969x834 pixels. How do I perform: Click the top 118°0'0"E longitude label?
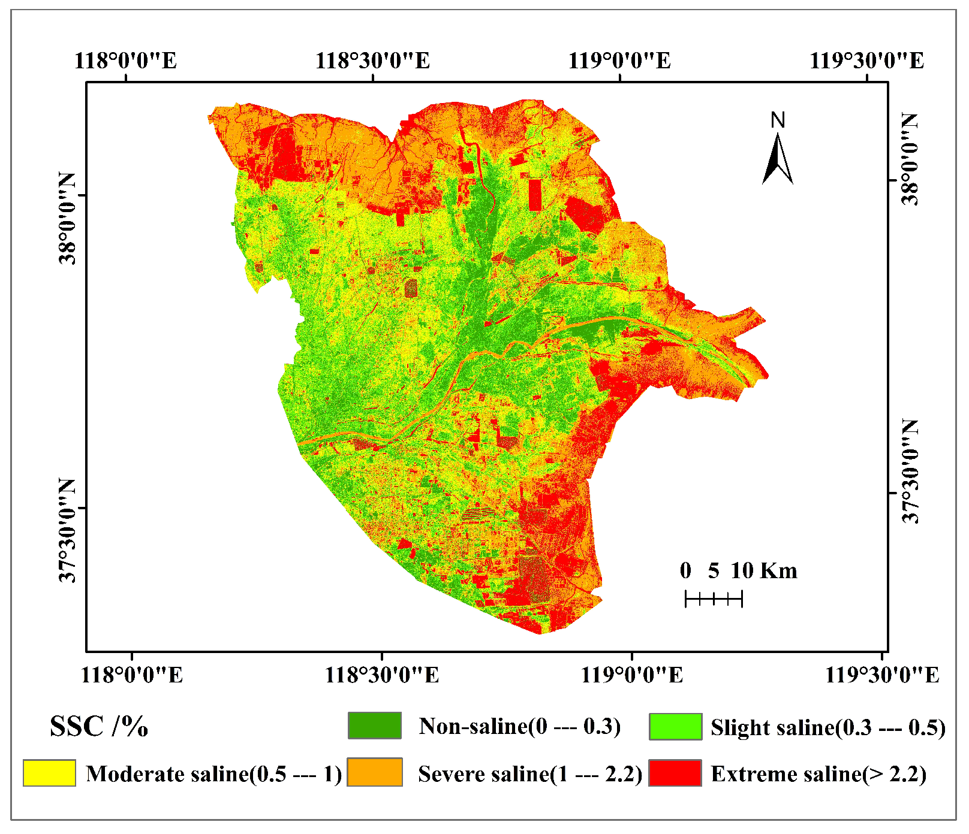pos(126,60)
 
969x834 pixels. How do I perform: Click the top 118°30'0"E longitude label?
pos(372,60)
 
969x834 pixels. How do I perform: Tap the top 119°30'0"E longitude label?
pos(866,60)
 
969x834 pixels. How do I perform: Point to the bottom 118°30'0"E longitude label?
pos(381,675)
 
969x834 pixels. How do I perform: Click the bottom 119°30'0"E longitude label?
pos(881,675)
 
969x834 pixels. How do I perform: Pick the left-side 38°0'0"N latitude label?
pos(67,218)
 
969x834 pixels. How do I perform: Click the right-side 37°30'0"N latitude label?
pos(910,471)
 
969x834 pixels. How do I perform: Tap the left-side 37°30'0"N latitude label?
pos(67,531)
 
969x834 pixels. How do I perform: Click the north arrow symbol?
pos(777,159)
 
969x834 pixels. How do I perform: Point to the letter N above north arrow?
pos(778,120)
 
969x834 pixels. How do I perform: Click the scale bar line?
pos(714,598)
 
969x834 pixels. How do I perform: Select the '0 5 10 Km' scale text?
pos(738,570)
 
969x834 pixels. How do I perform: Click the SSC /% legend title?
pos(99,726)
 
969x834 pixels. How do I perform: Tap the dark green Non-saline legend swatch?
pos(375,726)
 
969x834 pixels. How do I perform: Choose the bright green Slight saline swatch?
pos(675,726)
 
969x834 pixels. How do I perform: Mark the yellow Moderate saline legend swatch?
pos(49,773)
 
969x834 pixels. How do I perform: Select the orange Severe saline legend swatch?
pos(375,773)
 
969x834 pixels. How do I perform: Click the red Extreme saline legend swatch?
pos(675,773)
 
